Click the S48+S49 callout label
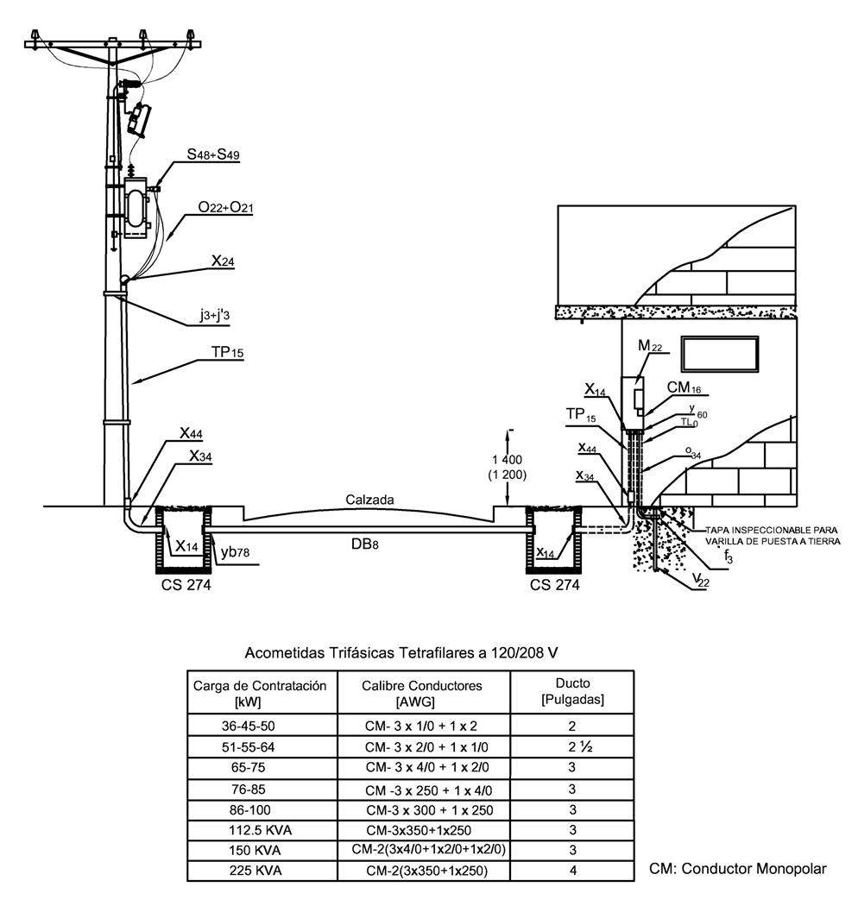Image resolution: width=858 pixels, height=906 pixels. [x=212, y=154]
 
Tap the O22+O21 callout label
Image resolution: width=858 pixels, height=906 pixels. [x=225, y=207]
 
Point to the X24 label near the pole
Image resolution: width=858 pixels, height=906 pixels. [x=223, y=261]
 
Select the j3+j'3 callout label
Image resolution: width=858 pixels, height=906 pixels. [x=215, y=315]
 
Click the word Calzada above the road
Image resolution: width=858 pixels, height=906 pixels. [x=370, y=500]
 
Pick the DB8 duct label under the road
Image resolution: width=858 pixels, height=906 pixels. [x=365, y=544]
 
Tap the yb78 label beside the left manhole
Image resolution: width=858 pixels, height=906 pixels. [x=236, y=552]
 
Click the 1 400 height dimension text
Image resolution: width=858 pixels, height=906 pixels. [x=507, y=460]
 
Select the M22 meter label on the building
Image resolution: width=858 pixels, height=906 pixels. [x=650, y=346]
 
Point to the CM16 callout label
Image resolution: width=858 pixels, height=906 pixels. [x=684, y=387]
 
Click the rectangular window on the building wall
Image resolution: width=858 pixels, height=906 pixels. [x=720, y=354]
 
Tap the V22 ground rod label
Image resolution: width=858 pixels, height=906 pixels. [x=701, y=580]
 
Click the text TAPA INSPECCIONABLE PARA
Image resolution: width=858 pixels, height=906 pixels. [x=772, y=530]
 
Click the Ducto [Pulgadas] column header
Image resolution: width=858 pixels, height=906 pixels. [x=572, y=691]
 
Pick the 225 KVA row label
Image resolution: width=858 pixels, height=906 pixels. [x=255, y=870]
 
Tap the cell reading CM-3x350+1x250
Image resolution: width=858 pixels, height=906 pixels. [x=419, y=830]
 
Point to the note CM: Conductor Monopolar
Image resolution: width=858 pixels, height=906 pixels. [x=738, y=868]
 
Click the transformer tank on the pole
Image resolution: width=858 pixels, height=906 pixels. [x=136, y=208]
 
